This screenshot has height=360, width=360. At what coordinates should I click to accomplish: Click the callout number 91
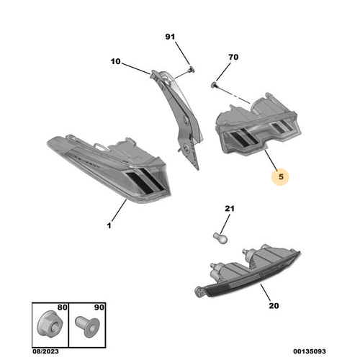[x=170, y=37]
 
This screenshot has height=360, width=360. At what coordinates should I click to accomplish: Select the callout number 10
[x=115, y=61]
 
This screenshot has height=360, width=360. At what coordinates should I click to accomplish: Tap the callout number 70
[x=233, y=57]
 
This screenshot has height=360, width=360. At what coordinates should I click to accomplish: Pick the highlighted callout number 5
[x=281, y=177]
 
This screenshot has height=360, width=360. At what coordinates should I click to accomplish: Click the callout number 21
[x=230, y=208]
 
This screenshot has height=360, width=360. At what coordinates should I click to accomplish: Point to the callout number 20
[x=274, y=305]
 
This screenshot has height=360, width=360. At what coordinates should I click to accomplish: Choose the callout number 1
[x=109, y=225]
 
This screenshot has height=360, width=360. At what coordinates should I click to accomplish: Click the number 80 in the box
[x=62, y=307]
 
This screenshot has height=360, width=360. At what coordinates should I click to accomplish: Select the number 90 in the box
[x=99, y=307]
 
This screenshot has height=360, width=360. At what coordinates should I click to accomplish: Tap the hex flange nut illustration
[x=50, y=325]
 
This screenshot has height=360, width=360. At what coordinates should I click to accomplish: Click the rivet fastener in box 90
[x=87, y=325]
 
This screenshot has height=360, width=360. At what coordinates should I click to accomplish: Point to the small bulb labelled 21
[x=220, y=238]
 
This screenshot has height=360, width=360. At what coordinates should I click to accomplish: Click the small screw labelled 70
[x=214, y=84]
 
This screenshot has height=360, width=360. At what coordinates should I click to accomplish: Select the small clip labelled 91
[x=191, y=69]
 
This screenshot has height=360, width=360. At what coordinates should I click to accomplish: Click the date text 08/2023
[x=45, y=351]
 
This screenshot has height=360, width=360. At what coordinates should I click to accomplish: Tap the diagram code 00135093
[x=310, y=351]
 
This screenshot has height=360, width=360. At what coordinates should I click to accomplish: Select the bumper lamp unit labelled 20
[x=247, y=271]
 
